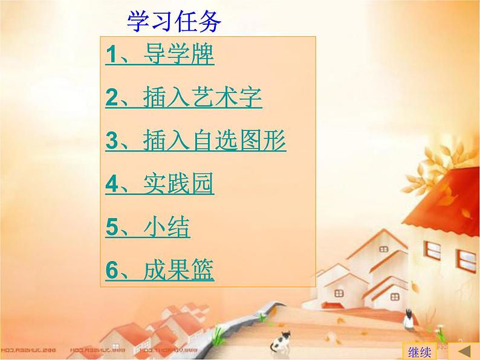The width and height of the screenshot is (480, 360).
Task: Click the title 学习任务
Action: [x=174, y=22]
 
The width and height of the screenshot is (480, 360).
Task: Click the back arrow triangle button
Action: [x=464, y=351]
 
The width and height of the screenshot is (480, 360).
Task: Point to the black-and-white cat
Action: [x=281, y=341]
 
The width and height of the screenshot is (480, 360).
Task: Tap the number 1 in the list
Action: [x=112, y=54]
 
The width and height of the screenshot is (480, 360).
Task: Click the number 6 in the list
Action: [x=112, y=270]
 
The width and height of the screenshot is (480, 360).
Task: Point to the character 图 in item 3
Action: [x=250, y=140]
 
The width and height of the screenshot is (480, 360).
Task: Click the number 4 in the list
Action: [x=112, y=184]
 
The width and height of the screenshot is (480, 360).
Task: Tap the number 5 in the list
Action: [x=112, y=227]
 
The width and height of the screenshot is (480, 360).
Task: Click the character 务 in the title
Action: [x=210, y=22]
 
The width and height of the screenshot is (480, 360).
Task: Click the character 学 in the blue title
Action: [x=138, y=22]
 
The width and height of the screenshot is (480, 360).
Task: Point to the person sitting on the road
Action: [x=410, y=319]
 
